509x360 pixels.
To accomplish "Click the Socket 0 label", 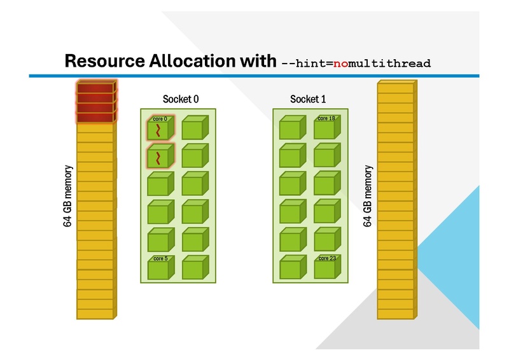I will [x=181, y=99].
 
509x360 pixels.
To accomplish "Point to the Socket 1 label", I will [x=308, y=99].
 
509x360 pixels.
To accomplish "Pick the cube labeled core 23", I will [x=326, y=268].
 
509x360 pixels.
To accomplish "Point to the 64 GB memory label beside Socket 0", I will [x=68, y=197].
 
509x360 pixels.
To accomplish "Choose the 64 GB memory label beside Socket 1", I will [x=367, y=197].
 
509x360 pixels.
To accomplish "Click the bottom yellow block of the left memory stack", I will [x=95, y=313].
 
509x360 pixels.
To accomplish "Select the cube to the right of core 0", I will [x=194, y=129].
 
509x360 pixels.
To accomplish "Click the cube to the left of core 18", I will [x=292, y=129].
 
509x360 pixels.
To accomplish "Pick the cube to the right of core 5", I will [x=194, y=268].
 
